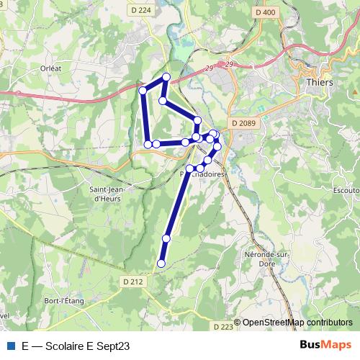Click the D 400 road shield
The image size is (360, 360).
(x=265, y=12)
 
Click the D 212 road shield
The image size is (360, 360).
(x=133, y=282)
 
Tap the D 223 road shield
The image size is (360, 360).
(x=224, y=326)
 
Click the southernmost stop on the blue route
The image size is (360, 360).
(x=161, y=264)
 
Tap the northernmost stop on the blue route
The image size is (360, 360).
(x=166, y=76)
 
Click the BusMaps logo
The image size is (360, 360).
(x=325, y=344)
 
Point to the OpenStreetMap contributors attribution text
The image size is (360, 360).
(x=297, y=323)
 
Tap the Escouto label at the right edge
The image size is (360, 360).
(x=348, y=191)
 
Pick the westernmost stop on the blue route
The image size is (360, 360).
(x=143, y=90)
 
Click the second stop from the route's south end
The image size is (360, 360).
(x=166, y=238)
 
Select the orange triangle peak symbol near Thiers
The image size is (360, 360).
(x=356, y=91)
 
